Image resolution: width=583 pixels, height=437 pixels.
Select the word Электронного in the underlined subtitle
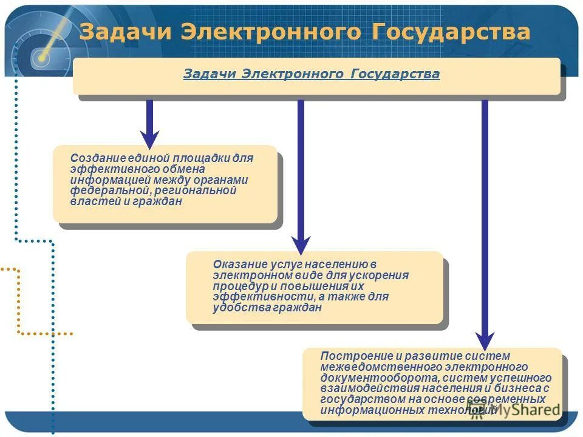tap(294, 74)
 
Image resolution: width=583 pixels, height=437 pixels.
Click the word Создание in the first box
tap(95, 158)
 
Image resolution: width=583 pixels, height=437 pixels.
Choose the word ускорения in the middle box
tap(382, 275)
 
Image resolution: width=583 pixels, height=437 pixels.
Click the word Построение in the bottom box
tap(350, 356)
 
